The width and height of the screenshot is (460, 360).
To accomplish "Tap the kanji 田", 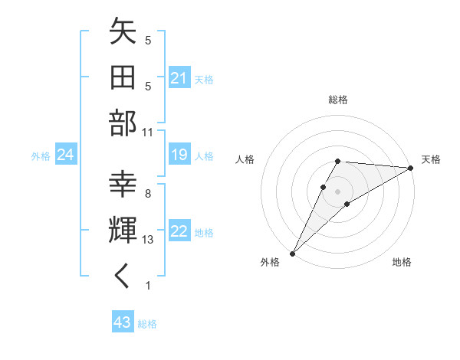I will (x=123, y=78).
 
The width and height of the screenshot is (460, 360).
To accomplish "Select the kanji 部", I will (x=123, y=123).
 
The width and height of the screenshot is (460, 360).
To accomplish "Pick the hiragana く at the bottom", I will (x=123, y=277).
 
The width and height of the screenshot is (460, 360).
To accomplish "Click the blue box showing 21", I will (x=179, y=78).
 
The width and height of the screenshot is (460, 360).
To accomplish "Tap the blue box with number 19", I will (x=179, y=155).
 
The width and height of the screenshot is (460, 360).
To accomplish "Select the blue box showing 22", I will (x=179, y=232).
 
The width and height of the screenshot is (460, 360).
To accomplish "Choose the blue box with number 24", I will (x=65, y=155).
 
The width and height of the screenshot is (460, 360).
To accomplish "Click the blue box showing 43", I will (x=122, y=323).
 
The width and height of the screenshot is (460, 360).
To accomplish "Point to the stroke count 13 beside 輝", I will (x=149, y=240).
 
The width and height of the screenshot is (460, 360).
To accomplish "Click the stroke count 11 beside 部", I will (x=149, y=131).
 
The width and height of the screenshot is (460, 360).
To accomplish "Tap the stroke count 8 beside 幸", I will (x=147, y=194).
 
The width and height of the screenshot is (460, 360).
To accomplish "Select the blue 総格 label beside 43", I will (x=147, y=324).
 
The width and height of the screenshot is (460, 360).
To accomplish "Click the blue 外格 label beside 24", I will (x=41, y=156).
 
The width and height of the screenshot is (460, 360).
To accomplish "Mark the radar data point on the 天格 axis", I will (x=411, y=169).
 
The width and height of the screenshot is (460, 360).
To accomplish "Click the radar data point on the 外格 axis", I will (x=292, y=253).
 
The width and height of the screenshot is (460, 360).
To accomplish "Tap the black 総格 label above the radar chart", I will (x=337, y=100).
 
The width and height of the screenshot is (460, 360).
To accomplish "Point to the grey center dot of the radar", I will (x=337, y=190).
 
